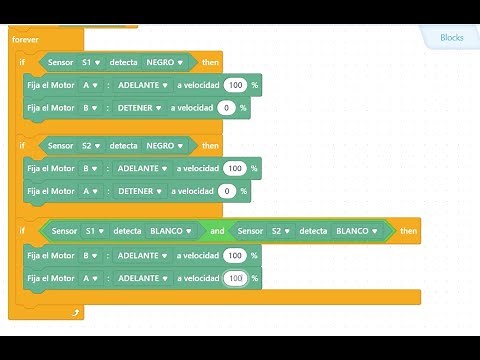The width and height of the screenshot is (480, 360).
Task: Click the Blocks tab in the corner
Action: [x=452, y=38]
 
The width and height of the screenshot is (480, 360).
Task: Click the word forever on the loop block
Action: [x=24, y=39]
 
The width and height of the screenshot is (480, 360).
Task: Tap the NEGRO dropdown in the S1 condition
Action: [x=166, y=62]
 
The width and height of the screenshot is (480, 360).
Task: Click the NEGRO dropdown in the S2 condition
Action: [x=166, y=145]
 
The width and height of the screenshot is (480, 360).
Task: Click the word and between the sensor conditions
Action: [x=217, y=231]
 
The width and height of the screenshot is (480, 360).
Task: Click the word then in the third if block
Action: [x=408, y=231]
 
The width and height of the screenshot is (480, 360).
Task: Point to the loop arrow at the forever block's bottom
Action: [x=75, y=313]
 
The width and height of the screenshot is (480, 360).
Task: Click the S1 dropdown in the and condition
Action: [x=93, y=231]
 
